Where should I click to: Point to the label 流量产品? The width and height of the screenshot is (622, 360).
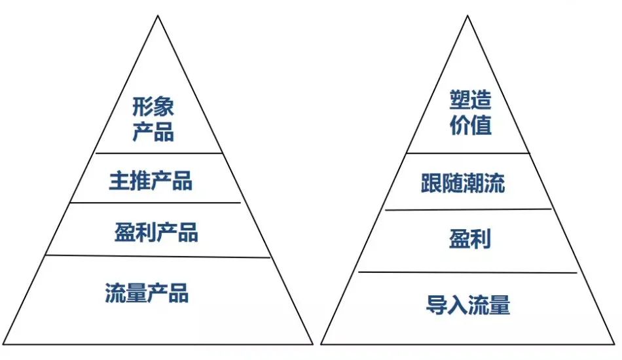(147, 293)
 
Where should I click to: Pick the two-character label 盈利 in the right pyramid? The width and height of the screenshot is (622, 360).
(469, 239)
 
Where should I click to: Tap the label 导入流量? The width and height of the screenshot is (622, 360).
(467, 305)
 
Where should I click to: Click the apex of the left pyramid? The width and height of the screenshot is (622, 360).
(158, 16)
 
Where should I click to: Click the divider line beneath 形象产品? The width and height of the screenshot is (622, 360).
(157, 153)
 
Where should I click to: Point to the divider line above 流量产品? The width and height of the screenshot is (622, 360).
(157, 256)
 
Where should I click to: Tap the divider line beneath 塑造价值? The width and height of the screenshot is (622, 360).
(467, 153)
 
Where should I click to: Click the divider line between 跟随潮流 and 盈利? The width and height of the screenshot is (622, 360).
(467, 209)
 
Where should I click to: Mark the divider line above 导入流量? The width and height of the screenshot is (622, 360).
(467, 272)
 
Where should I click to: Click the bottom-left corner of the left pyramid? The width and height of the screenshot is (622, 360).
(3, 343)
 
